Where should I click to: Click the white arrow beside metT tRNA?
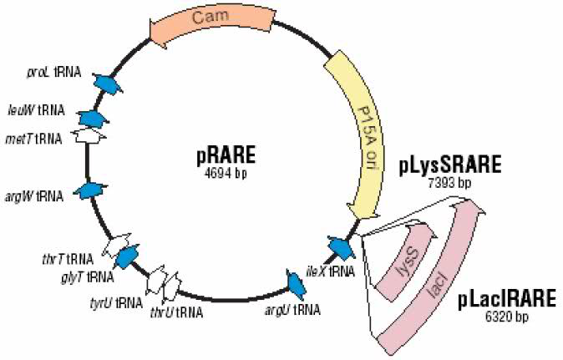[x=89, y=134]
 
